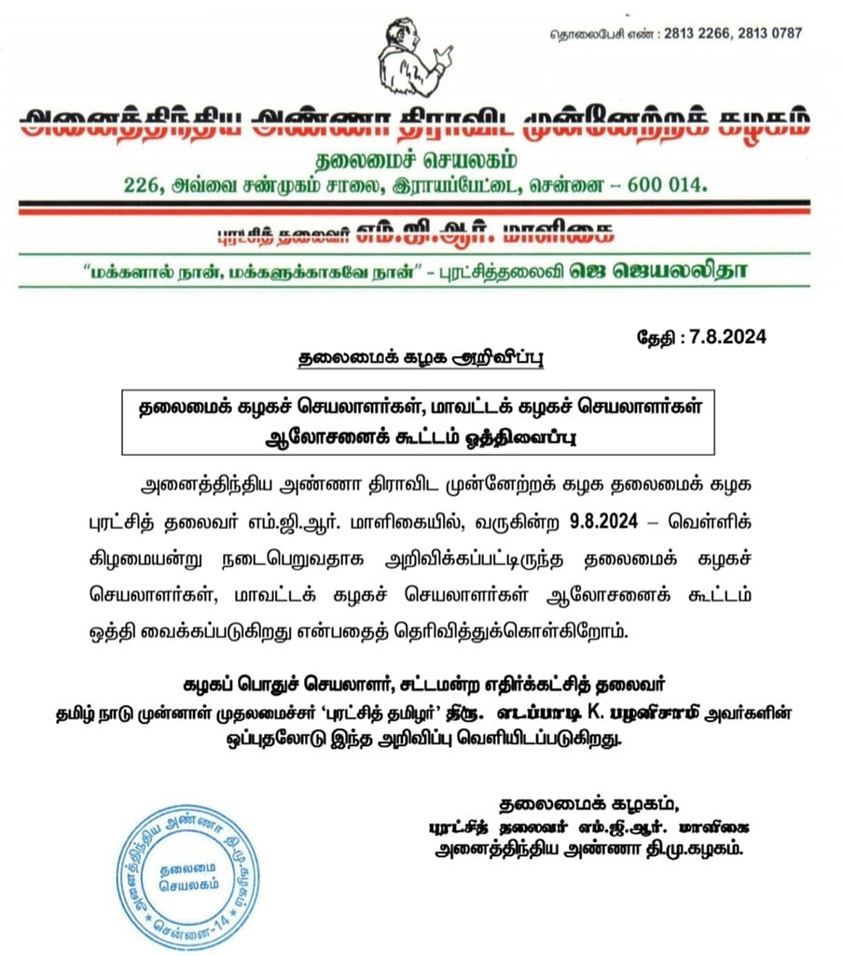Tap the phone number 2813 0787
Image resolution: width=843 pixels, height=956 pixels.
click(769, 34)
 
